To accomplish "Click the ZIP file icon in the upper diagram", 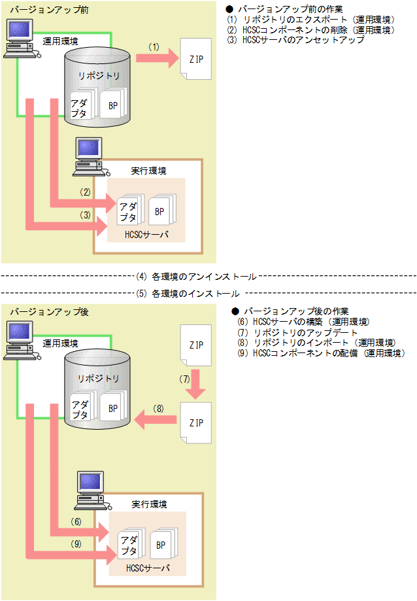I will [196, 58].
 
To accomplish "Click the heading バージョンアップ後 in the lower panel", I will [40, 312].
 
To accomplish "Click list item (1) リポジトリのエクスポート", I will [310, 20].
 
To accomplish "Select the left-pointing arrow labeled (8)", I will [156, 422].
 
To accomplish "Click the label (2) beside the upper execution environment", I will [84, 193].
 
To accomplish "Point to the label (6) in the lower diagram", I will [76, 522].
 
